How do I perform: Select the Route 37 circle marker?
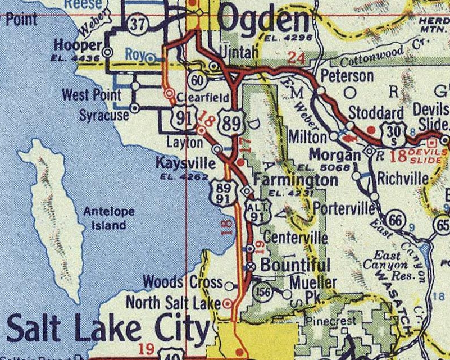[137, 23]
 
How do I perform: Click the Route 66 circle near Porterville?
[397, 220]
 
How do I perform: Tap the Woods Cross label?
[183, 281]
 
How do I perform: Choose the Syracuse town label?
[104, 115]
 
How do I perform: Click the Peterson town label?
[347, 76]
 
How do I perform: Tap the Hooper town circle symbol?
[108, 51]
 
